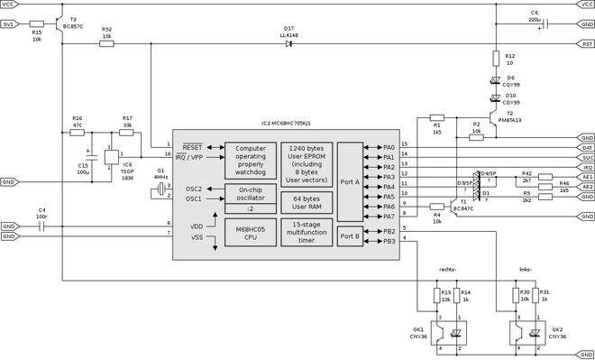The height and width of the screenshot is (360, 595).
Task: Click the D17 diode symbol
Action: coord(288,43)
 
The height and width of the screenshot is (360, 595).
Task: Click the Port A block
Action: coord(349,180)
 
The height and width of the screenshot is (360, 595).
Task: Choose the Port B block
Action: coord(349,236)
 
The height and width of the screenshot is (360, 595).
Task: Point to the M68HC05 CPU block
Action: coord(250,232)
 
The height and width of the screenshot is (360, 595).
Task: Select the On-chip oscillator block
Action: coord(250,195)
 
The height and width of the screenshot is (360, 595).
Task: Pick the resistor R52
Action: coord(107,43)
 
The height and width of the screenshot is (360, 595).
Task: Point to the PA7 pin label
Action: coord(389,217)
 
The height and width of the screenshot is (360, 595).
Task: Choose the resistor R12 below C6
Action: coord(495,59)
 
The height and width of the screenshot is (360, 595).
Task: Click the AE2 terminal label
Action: coord(587,187)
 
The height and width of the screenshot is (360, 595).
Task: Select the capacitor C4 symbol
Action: coord(41,226)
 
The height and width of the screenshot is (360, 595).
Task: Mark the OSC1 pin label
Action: coord(194,199)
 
